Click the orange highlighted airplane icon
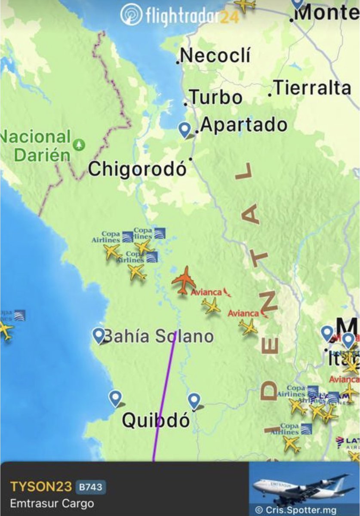point(185,280)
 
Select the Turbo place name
point(216,97)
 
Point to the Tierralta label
point(313,88)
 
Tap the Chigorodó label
point(138,169)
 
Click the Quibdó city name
point(156,420)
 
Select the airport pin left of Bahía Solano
point(99,335)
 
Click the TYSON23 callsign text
point(41,486)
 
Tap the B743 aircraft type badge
point(91,487)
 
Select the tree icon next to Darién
point(79,144)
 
